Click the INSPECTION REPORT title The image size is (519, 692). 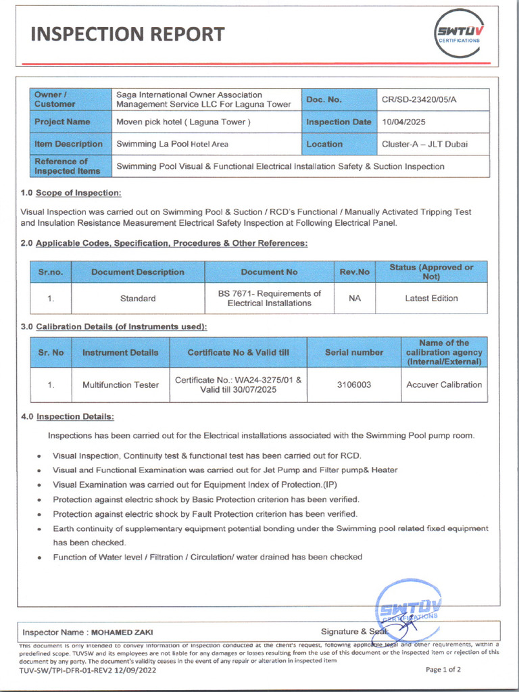point(128,34)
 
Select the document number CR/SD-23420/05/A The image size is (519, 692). point(419,99)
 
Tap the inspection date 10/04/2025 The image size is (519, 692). point(404,122)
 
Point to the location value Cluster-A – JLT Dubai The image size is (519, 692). point(424,144)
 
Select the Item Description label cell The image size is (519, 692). point(68,144)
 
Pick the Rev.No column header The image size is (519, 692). point(354,272)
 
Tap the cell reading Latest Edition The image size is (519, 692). point(431,298)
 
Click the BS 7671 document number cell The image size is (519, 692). point(269,298)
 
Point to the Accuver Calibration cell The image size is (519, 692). point(444,385)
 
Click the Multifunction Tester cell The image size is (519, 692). point(120,385)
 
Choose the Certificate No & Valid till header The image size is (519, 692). point(238,352)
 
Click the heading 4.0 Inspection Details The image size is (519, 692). point(67,416)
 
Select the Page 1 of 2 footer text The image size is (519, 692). point(443,670)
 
